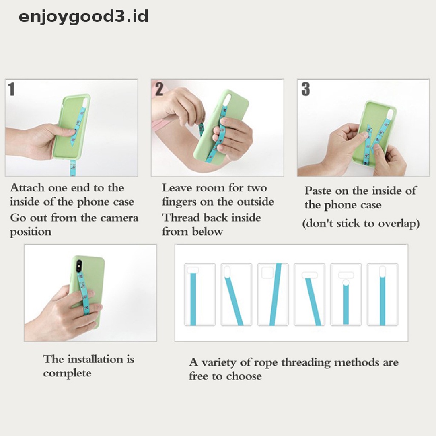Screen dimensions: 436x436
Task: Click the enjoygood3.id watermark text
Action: tap(83, 17)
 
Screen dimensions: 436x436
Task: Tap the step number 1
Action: tap(11, 89)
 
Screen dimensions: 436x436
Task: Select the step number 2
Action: tap(159, 89)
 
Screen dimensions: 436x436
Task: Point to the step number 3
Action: tap(305, 89)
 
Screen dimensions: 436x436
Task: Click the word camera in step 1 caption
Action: tap(119, 218)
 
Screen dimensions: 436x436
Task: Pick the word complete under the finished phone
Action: tap(67, 373)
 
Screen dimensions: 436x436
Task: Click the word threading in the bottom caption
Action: tap(306, 363)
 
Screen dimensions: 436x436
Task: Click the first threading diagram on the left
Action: tap(200, 295)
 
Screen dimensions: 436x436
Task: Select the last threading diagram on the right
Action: tap(383, 295)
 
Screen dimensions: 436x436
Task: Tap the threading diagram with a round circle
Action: tap(346, 295)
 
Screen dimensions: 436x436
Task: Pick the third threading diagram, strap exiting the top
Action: tap(273, 295)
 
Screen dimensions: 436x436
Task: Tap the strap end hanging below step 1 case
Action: tap(73, 168)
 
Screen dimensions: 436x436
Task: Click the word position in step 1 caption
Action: tap(31, 232)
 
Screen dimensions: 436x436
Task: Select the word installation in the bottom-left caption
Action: tap(95, 359)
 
